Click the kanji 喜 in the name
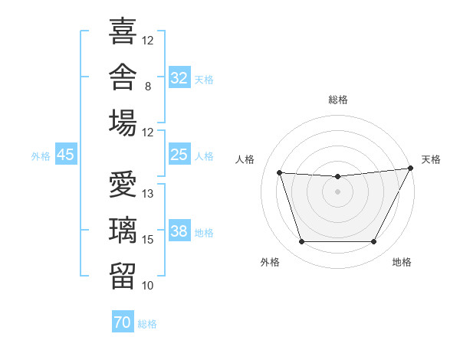click(123, 31)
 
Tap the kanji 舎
click(123, 77)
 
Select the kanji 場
click(123, 123)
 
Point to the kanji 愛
click(123, 184)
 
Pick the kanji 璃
click(123, 230)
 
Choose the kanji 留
click(123, 276)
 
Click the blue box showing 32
click(179, 77)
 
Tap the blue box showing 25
click(179, 154)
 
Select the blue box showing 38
click(179, 230)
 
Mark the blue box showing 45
click(66, 154)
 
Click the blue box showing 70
click(123, 321)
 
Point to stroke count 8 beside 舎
click(148, 87)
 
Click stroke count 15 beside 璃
click(147, 240)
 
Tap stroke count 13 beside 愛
click(147, 194)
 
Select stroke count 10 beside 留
click(147, 285)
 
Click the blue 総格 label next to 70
click(147, 324)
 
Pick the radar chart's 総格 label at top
click(338, 100)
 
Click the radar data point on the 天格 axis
click(411, 168)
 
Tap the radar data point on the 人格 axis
click(280, 172)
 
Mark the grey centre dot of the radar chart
click(337, 191)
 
